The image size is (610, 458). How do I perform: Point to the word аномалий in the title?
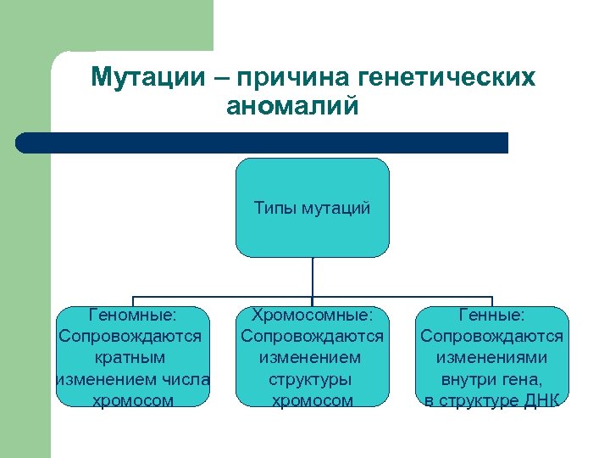coord(293,108)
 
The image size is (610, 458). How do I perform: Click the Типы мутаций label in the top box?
coord(312,208)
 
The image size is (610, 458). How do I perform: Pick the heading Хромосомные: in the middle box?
coord(312,315)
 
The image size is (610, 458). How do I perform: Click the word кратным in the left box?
coord(130,357)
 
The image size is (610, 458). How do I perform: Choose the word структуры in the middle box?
coord(312,378)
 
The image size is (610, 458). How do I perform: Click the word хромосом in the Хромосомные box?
coord(312,399)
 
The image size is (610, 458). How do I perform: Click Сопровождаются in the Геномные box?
coord(130,336)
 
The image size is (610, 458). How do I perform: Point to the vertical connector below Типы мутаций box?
coord(312,277)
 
